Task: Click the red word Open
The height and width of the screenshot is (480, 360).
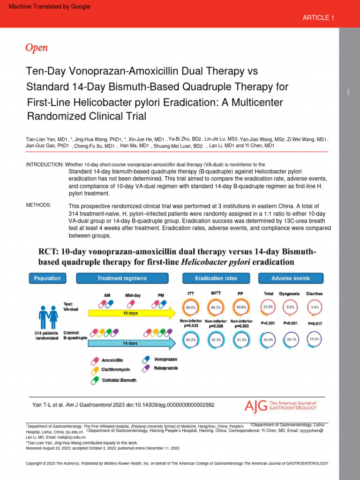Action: (x=36, y=47)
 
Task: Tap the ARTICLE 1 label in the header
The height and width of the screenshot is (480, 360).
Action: (x=318, y=18)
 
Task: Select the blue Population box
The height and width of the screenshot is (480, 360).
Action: (x=47, y=278)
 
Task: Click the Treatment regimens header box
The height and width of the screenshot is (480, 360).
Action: (x=122, y=278)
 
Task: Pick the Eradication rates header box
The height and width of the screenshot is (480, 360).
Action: (x=216, y=278)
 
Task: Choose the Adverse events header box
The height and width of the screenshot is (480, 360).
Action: (x=291, y=278)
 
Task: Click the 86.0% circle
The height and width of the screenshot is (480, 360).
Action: (x=191, y=308)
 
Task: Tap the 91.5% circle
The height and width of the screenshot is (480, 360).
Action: (x=216, y=339)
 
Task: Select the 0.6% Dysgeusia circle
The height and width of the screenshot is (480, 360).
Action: (x=291, y=308)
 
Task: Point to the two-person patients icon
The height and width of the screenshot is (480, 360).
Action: (x=48, y=317)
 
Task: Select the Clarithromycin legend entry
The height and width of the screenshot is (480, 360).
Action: (x=112, y=370)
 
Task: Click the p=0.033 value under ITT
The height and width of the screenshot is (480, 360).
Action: (x=191, y=325)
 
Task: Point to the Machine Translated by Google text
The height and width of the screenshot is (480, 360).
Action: (x=50, y=7)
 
